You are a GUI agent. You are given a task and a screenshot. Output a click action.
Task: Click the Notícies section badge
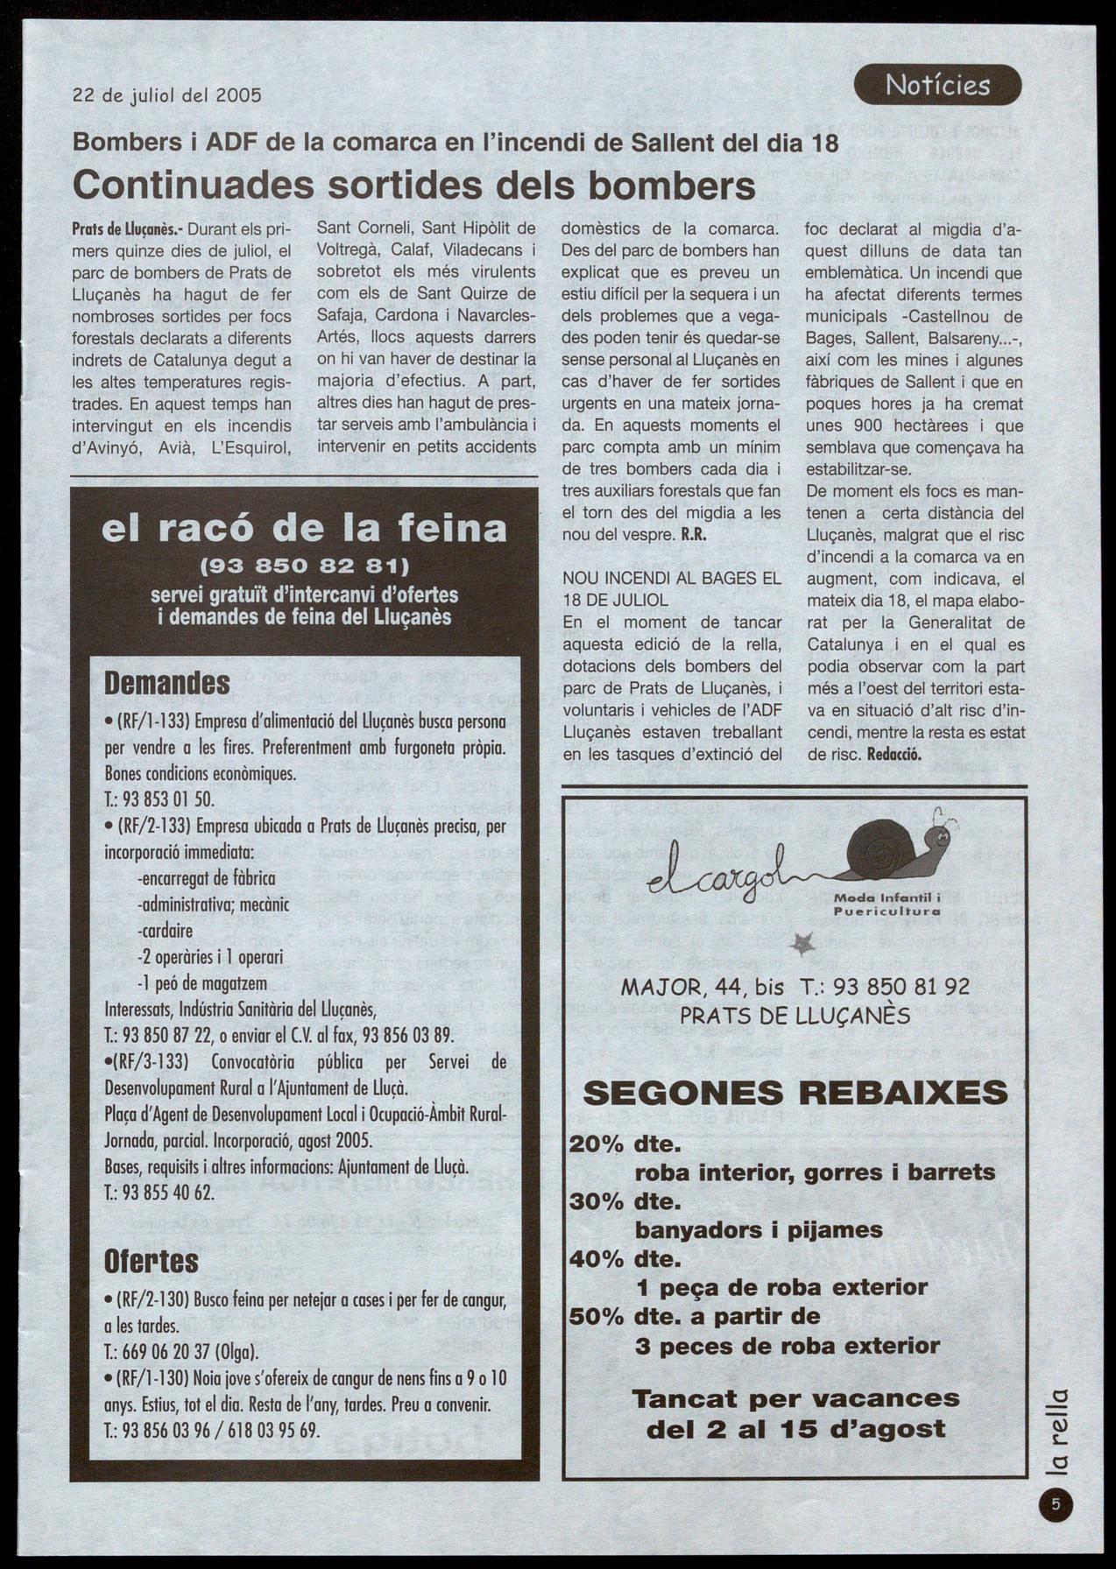(937, 85)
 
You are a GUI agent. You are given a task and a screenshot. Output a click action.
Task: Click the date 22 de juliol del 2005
(166, 95)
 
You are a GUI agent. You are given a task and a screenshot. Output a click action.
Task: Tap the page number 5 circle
(1057, 1505)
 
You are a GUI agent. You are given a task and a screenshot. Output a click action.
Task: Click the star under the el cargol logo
(802, 944)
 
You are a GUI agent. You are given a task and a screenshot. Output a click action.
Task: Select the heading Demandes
(167, 683)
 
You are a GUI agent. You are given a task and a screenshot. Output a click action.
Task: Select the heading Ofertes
(152, 1261)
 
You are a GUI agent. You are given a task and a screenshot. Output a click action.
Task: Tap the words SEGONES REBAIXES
(795, 1093)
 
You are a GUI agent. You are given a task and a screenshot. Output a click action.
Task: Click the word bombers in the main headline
(667, 185)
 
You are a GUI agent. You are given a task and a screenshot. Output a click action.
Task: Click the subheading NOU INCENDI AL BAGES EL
(672, 578)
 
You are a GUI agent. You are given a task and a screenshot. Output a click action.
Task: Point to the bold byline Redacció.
(894, 754)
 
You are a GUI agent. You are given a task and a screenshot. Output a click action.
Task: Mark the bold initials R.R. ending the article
(694, 535)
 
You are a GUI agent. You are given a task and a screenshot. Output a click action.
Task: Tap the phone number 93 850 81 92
(901, 987)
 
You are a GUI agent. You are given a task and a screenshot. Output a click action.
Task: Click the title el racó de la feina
(304, 528)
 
